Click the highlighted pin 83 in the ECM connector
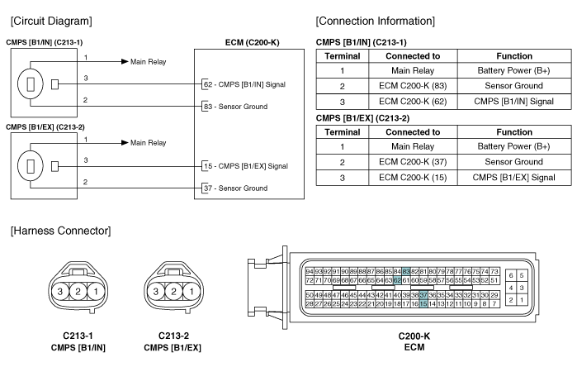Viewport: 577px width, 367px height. [x=406, y=272]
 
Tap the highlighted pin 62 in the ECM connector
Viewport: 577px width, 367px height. [x=397, y=280]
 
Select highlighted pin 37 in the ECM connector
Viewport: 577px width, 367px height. [x=423, y=295]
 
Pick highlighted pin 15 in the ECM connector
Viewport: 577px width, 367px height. [x=423, y=304]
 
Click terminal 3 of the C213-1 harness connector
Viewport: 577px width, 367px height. [x=60, y=292]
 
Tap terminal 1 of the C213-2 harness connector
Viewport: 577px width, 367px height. [x=192, y=292]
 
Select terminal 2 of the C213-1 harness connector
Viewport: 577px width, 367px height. [x=78, y=292]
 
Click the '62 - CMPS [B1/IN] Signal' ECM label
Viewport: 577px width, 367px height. [x=244, y=84]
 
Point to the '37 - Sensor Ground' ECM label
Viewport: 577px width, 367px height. [x=236, y=188]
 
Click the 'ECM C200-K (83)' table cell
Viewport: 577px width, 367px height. [x=413, y=86]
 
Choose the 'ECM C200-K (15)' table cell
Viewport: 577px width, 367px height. [x=413, y=178]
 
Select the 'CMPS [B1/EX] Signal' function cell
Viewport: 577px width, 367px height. [x=514, y=178]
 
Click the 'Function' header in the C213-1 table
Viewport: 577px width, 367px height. [x=514, y=56]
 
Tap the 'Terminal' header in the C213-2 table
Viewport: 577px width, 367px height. [x=343, y=132]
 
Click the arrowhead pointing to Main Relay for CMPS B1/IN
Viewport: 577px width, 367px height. [x=125, y=61]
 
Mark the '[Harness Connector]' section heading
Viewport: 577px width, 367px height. [x=61, y=231]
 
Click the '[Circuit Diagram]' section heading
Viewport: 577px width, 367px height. [x=51, y=21]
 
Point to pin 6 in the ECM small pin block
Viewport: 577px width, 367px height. [x=511, y=275]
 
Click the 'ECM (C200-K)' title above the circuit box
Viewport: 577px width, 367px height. [x=252, y=43]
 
